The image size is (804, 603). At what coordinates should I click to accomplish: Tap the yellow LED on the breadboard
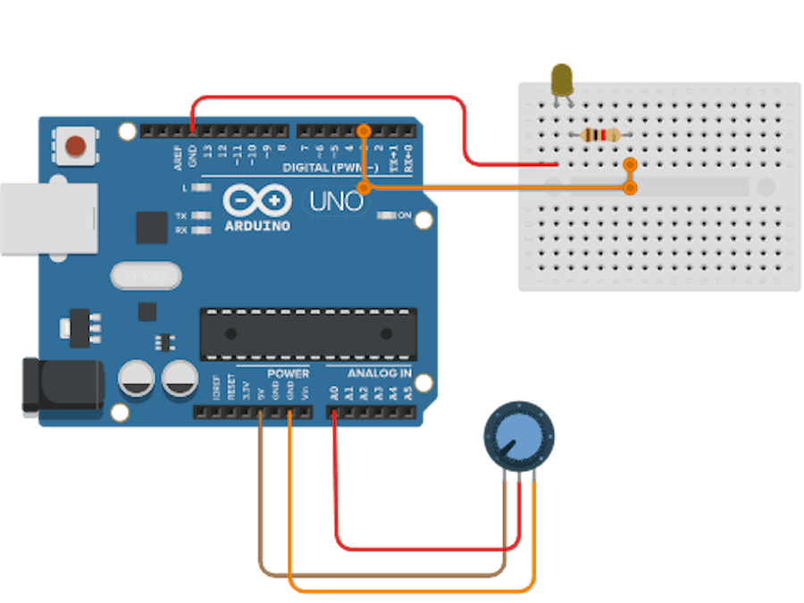click(x=562, y=80)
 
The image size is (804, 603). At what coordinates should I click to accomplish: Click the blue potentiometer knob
click(x=517, y=435)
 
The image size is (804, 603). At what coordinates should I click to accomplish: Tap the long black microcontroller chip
click(x=307, y=333)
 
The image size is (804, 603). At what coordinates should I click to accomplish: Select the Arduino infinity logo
click(x=257, y=199)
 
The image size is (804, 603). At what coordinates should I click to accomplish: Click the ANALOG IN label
click(x=380, y=373)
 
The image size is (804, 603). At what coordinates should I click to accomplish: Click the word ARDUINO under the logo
click(x=257, y=226)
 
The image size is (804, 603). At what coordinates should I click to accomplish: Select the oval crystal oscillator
click(x=146, y=275)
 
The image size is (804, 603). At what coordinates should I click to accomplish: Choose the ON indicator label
click(x=404, y=215)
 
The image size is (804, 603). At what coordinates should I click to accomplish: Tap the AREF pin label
click(x=178, y=157)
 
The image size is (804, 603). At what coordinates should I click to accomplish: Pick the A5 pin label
click(x=408, y=391)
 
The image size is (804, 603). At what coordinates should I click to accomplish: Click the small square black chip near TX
click(x=151, y=227)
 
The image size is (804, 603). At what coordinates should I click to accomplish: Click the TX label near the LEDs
click(x=181, y=216)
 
